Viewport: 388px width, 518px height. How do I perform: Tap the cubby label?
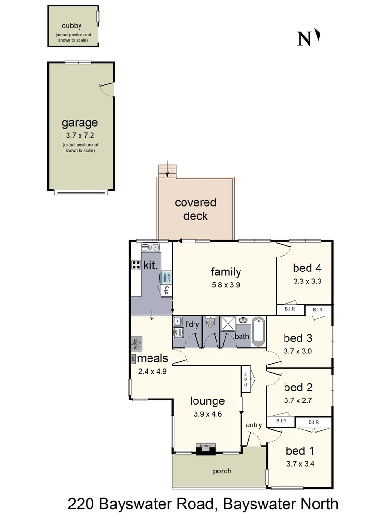click(x=71, y=25)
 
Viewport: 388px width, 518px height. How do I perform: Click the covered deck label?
click(x=195, y=209)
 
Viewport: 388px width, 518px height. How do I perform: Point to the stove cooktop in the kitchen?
click(x=136, y=265)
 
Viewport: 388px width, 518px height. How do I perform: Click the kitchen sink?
click(x=149, y=247)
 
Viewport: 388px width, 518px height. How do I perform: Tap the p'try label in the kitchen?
click(x=167, y=290)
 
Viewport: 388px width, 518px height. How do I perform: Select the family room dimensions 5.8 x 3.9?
click(x=226, y=284)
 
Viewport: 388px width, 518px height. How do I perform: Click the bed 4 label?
click(x=307, y=268)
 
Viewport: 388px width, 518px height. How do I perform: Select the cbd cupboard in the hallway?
click(x=245, y=380)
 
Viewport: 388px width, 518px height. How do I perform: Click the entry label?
click(x=253, y=425)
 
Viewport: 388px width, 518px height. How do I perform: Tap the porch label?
click(x=222, y=471)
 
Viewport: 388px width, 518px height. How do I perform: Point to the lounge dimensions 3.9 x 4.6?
click(x=207, y=414)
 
